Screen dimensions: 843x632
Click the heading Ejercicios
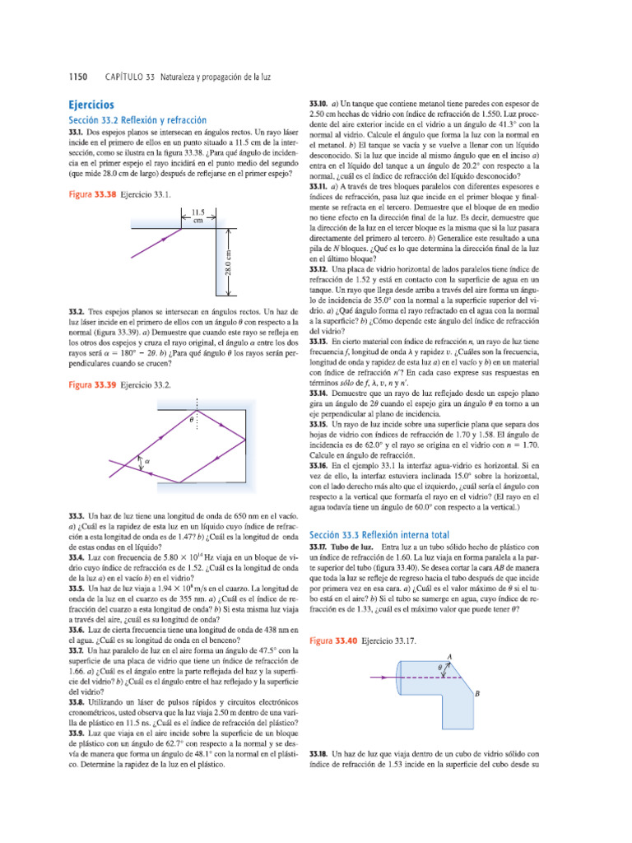coord(91,106)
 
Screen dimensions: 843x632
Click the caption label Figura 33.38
coord(92,194)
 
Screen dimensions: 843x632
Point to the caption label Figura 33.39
coord(92,384)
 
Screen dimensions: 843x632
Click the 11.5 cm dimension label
coord(197,216)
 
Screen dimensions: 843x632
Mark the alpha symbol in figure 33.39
coord(148,462)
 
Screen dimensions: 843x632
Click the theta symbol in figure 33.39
coord(191,419)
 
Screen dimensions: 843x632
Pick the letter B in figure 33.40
coord(476,695)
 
